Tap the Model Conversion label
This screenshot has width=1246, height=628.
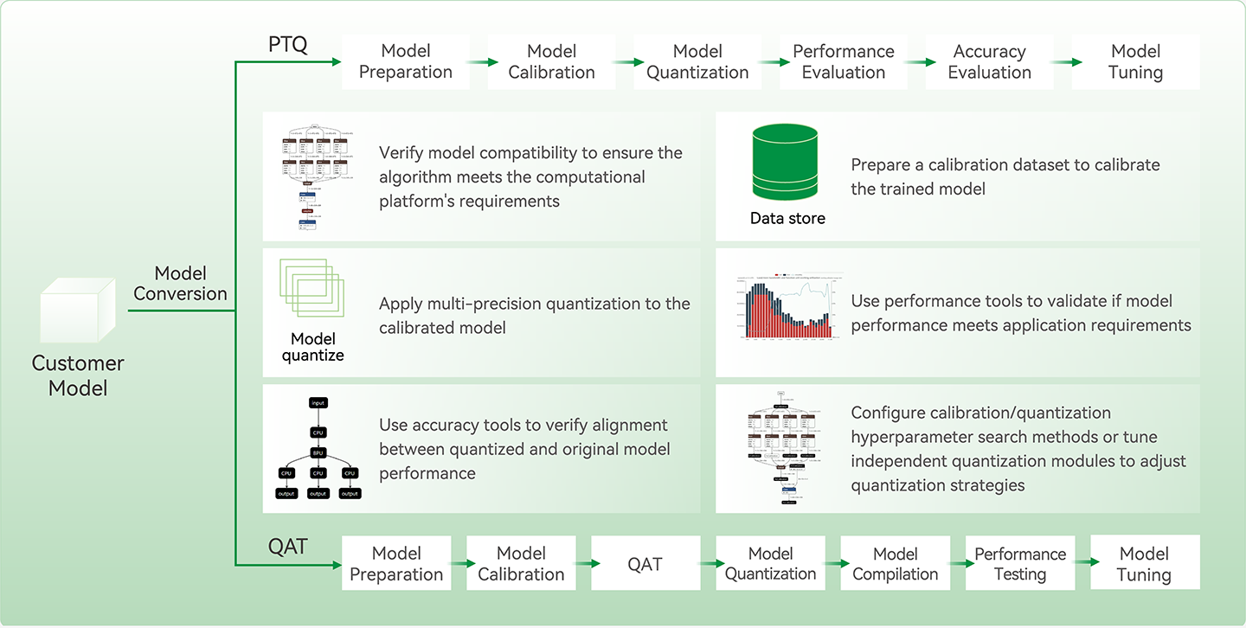(x=180, y=283)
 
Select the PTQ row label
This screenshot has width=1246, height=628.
(x=287, y=45)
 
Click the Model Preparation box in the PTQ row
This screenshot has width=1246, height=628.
(x=406, y=62)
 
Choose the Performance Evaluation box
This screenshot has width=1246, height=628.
(x=844, y=62)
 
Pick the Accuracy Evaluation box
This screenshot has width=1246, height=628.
(x=990, y=62)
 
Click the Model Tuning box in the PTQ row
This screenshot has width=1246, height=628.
(x=1135, y=62)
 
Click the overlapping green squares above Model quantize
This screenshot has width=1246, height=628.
(x=311, y=291)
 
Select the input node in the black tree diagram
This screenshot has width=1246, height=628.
(x=318, y=403)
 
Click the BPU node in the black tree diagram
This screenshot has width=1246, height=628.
(x=318, y=452)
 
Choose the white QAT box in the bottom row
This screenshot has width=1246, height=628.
(x=645, y=564)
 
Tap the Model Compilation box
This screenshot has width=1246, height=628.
(x=896, y=564)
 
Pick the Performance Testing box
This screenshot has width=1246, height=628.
(x=1020, y=564)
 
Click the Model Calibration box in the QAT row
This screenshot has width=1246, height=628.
(x=521, y=564)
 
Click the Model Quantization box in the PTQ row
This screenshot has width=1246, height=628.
(x=697, y=62)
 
